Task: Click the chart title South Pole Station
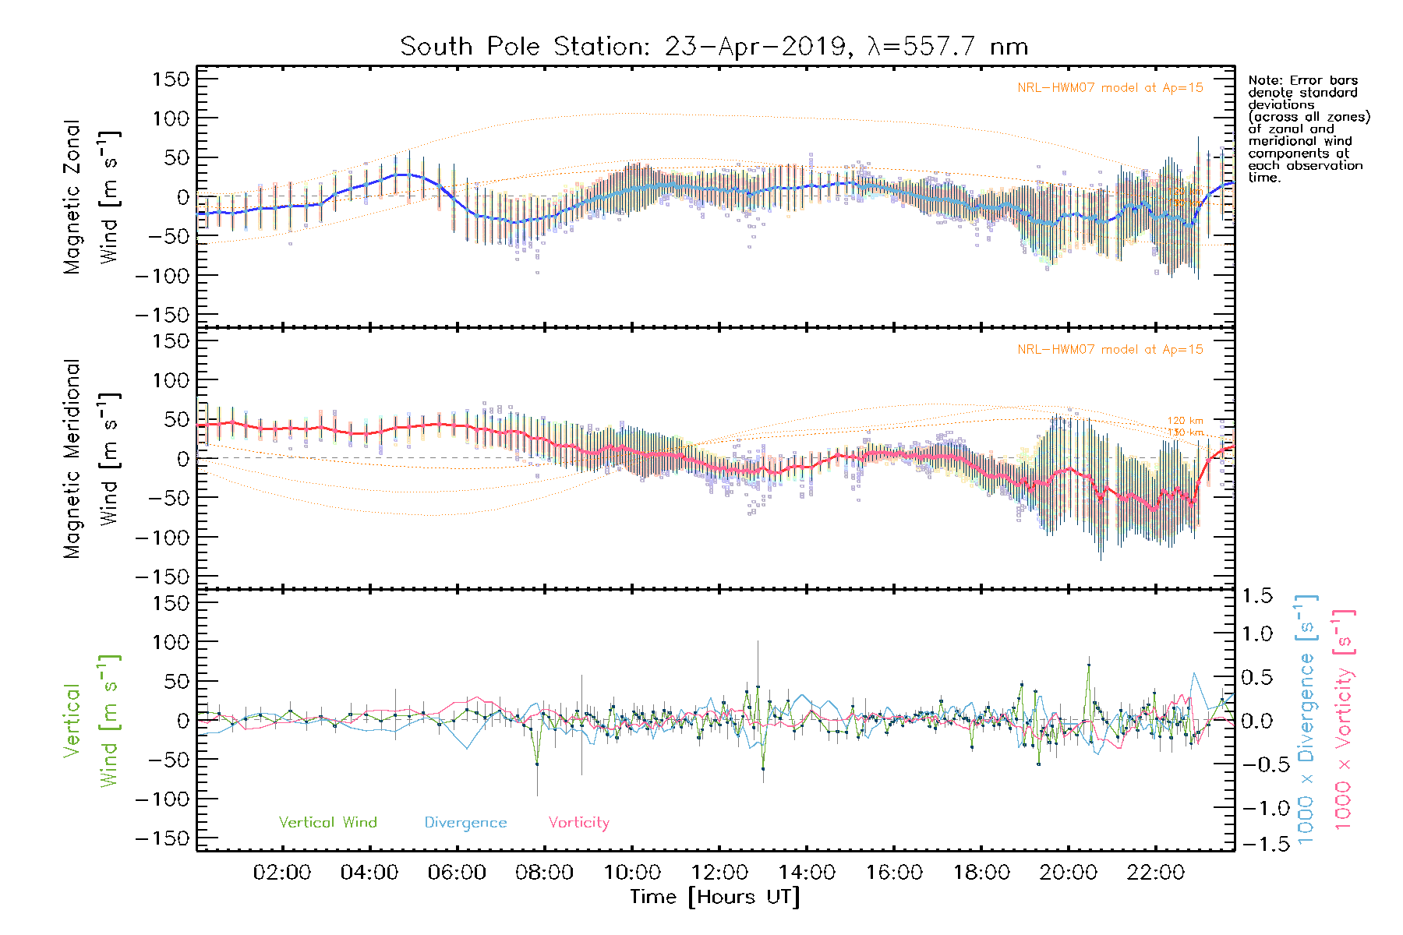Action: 713,47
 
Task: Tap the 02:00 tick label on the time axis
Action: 282,873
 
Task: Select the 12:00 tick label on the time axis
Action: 719,873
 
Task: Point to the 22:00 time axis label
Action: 1155,873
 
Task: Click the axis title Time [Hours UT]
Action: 715,897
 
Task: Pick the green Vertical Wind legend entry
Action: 327,823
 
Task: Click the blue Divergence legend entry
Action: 465,823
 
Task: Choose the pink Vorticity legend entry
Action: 578,823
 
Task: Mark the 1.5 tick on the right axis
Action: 1256,596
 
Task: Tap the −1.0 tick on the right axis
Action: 1256,808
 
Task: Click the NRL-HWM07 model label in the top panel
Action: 1110,88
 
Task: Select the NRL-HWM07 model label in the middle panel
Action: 1110,350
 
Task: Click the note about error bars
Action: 1308,129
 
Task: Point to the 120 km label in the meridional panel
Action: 1185,421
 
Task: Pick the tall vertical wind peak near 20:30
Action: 1088,665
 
